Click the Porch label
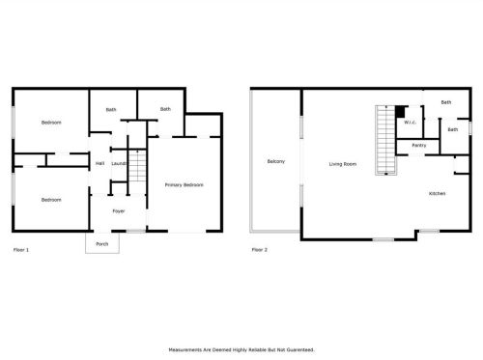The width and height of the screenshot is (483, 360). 102,244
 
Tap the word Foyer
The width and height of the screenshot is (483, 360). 119,211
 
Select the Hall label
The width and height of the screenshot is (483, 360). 99,163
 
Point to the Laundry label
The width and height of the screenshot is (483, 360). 119,164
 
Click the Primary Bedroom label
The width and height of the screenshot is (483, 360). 184,185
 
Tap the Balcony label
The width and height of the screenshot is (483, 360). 276,161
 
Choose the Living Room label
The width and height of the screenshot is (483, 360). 343,164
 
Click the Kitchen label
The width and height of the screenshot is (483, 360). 437,193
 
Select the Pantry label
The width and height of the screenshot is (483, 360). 419,146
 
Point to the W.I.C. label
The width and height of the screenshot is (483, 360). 410,123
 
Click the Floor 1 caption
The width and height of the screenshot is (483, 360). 21,250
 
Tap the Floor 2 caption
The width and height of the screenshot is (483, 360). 259,250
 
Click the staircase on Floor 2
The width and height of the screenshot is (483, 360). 385,140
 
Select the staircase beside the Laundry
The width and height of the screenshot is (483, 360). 137,166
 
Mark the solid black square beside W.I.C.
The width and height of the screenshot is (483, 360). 400,112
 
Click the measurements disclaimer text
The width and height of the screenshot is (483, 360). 241,349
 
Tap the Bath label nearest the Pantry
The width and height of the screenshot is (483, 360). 452,129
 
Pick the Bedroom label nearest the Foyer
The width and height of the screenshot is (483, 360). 51,200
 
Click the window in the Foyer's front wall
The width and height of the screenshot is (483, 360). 136,231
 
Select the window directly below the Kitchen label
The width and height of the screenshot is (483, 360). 430,231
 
